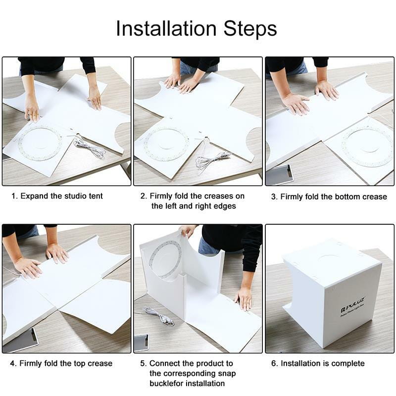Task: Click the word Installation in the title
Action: coord(166,28)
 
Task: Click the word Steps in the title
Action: coord(250,29)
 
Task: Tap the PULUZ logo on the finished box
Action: coord(352,304)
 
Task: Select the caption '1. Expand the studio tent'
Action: coord(57,196)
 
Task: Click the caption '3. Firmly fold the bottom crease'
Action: coord(329,197)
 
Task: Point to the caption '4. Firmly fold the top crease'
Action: coord(61,363)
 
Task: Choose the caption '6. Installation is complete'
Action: coord(318,363)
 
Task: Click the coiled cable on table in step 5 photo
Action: coord(158,316)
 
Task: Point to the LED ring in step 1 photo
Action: coord(40,144)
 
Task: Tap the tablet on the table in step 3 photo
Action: coord(280,175)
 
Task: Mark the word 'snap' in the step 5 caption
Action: coord(227,374)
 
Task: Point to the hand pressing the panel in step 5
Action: coord(243,298)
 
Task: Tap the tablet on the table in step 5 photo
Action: coord(142,343)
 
